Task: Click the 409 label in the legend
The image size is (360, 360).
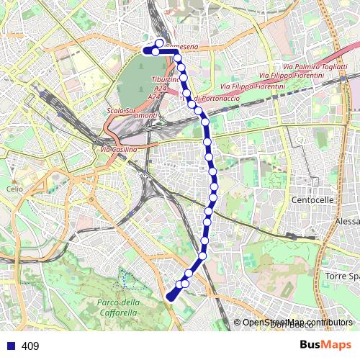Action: [x=30, y=346]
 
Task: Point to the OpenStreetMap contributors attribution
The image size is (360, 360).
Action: [x=297, y=323]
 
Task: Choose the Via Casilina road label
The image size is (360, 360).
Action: [x=117, y=149]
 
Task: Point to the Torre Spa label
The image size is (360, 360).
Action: [x=341, y=276]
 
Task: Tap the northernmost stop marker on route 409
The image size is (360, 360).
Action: [x=159, y=43]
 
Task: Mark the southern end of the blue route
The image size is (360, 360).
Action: [x=170, y=297]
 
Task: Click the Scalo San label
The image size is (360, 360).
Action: [x=121, y=110]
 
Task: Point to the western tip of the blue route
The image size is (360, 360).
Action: [x=145, y=51]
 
